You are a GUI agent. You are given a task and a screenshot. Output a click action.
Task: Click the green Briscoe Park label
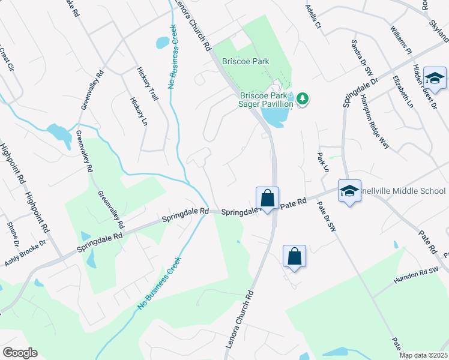[246, 61]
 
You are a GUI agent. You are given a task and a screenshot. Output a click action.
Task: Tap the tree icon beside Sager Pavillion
[303, 98]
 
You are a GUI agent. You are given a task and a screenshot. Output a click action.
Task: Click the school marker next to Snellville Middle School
[349, 191]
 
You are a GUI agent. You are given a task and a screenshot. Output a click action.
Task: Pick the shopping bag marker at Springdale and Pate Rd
[267, 199]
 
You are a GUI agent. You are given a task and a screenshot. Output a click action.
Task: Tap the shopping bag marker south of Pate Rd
[294, 257]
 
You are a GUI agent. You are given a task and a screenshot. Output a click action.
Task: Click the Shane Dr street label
[13, 235]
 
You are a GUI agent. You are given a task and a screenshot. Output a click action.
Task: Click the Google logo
[20, 353]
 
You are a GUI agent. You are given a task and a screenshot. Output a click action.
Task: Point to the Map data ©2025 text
[423, 355]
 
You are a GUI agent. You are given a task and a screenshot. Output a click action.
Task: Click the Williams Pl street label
[400, 40]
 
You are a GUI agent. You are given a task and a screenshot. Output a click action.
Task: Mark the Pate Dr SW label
[328, 217]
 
